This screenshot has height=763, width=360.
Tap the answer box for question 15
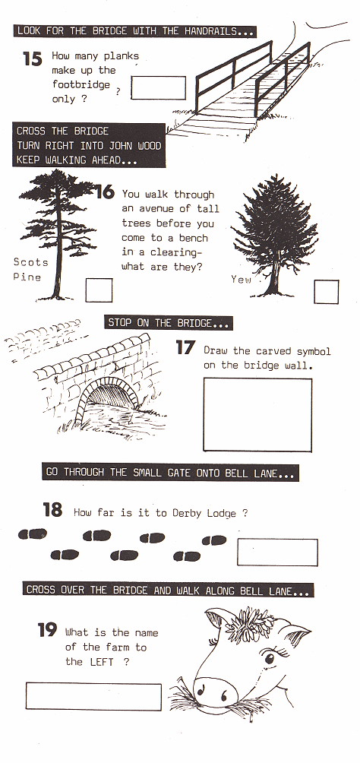(158, 87)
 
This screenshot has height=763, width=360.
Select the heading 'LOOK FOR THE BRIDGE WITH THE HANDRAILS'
(134, 31)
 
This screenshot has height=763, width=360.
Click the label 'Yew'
(241, 280)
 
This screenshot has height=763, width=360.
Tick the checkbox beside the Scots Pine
(99, 290)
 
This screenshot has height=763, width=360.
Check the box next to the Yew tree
(327, 292)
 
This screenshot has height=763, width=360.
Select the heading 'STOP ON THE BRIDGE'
(169, 323)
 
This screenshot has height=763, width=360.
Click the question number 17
(185, 349)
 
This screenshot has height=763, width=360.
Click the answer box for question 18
(276, 552)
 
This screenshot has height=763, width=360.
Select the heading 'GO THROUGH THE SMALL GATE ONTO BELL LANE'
(170, 473)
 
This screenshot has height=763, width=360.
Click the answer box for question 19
(93, 696)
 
